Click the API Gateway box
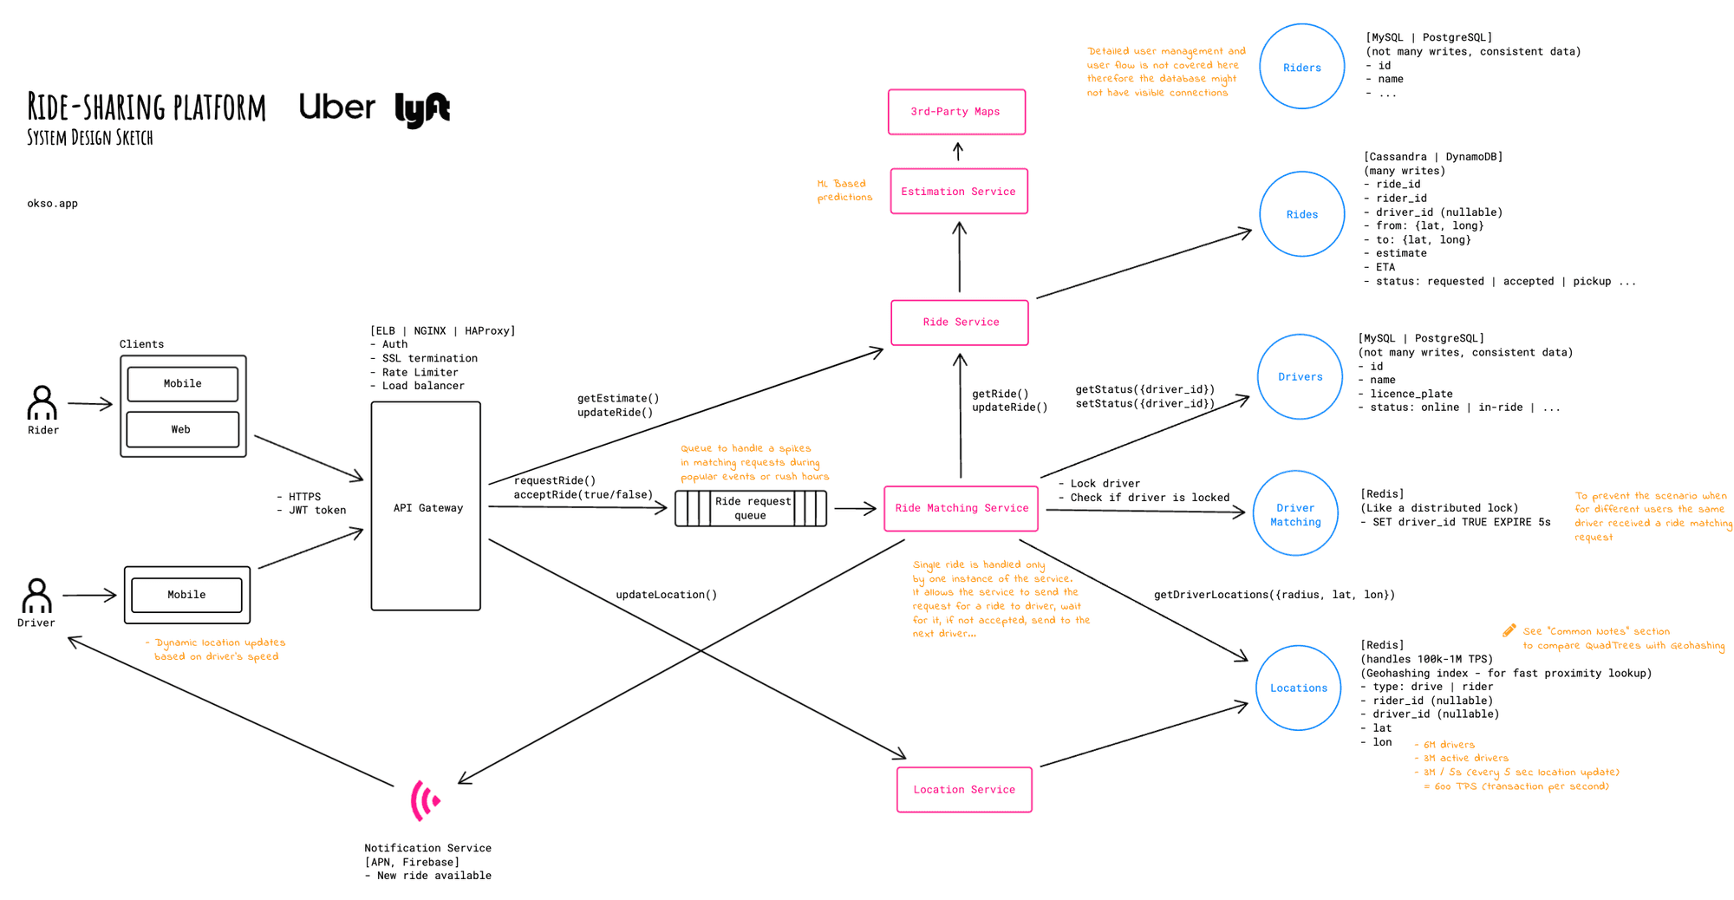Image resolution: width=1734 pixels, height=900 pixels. pyautogui.click(x=426, y=506)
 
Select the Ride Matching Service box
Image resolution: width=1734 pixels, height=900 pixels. pyautogui.click(x=961, y=508)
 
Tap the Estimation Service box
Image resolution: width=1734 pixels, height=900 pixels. pyautogui.click(x=958, y=192)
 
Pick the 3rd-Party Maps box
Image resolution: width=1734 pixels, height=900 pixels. pyautogui.click(x=956, y=112)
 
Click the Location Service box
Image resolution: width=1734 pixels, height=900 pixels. pyautogui.click(x=964, y=789)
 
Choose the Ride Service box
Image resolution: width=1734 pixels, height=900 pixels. pyautogui.click(x=960, y=323)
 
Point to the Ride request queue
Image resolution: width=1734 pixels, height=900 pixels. pyautogui.click(x=751, y=508)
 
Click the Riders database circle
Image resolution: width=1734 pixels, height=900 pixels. pyautogui.click(x=1301, y=67)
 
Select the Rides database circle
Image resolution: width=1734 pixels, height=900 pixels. pyautogui.click(x=1301, y=214)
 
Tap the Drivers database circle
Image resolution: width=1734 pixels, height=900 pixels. pyautogui.click(x=1300, y=376)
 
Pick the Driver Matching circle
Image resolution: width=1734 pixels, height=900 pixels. pyautogui.click(x=1295, y=514)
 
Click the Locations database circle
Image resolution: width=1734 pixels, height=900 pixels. pyautogui.click(x=1298, y=688)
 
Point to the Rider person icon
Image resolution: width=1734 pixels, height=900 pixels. pyautogui.click(x=42, y=403)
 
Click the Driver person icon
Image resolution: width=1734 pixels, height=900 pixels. pyautogui.click(x=36, y=596)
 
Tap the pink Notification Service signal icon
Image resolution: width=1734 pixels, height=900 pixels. pyautogui.click(x=425, y=799)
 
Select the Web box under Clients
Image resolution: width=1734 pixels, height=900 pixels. pyautogui.click(x=182, y=429)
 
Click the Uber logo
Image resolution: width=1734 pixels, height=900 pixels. pyautogui.click(x=336, y=107)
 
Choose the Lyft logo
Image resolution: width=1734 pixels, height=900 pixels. pyautogui.click(x=422, y=109)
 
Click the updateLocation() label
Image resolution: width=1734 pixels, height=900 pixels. pyautogui.click(x=666, y=595)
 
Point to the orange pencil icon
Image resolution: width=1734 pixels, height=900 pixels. pyautogui.click(x=1509, y=630)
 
